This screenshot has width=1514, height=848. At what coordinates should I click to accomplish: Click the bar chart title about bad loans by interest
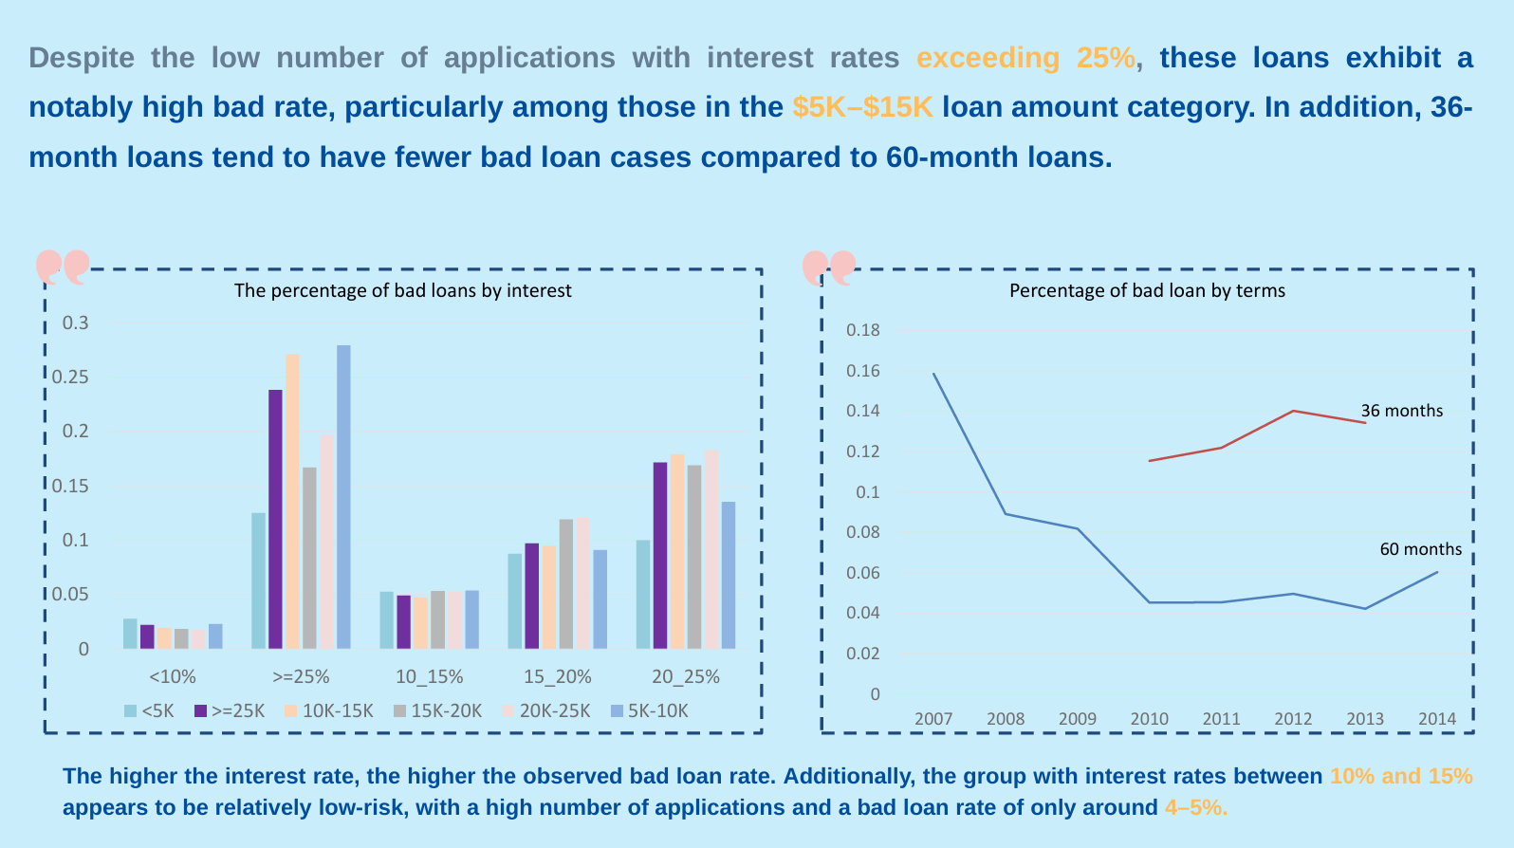402,290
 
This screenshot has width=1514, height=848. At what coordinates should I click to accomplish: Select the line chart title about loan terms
1147,290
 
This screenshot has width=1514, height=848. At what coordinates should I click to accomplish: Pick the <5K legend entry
150,710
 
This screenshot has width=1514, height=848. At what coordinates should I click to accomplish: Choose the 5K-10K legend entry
650,710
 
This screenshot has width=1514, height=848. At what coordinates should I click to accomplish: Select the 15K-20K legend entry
438,710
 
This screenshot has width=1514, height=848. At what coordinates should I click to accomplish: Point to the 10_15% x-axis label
429,676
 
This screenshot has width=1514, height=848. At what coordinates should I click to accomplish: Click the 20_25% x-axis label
685,676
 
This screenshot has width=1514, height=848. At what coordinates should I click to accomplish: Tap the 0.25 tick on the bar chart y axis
69,377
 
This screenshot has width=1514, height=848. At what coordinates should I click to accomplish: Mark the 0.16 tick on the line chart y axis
862,371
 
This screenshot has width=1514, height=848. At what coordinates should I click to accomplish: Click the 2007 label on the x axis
932,718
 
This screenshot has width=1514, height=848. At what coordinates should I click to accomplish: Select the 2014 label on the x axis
1436,718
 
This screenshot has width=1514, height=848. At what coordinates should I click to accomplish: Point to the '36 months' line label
1401,411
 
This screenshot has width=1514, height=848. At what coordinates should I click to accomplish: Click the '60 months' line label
1420,549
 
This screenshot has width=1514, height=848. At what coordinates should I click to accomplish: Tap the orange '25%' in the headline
1105,58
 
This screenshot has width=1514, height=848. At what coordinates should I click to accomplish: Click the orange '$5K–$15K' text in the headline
863,107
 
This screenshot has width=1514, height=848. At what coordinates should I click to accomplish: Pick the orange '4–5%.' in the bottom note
1195,807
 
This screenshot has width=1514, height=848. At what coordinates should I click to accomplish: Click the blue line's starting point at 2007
933,374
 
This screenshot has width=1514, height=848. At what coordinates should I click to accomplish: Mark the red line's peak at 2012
1293,411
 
